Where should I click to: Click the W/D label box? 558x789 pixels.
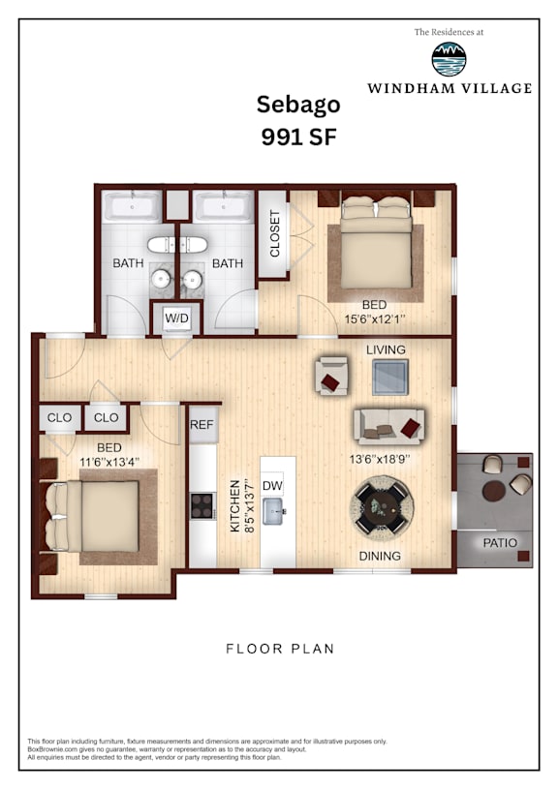tap(176, 318)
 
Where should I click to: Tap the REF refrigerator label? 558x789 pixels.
tap(201, 425)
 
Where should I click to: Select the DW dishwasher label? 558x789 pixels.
tap(272, 486)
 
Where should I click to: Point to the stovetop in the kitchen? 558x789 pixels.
tap(201, 505)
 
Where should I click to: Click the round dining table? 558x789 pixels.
tap(382, 504)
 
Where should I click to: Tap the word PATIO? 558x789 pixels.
tap(500, 543)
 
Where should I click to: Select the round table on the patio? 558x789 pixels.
tap(493, 491)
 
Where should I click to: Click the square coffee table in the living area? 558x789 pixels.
tap(390, 377)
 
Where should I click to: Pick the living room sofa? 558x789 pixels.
tap(388, 426)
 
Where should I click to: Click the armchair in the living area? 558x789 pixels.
tap(332, 376)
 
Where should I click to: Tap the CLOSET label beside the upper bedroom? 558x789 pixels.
tap(274, 233)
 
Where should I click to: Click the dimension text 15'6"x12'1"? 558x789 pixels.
tap(375, 319)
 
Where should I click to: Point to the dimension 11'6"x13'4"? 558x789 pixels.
tap(109, 462)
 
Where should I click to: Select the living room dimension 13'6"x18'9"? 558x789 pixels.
tap(380, 459)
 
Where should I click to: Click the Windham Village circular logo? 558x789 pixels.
tap(449, 59)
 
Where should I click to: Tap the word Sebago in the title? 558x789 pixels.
tap(298, 106)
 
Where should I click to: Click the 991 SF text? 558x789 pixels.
tap(298, 137)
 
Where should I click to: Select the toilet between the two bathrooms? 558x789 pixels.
tap(176, 245)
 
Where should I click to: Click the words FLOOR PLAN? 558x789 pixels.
tap(280, 649)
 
